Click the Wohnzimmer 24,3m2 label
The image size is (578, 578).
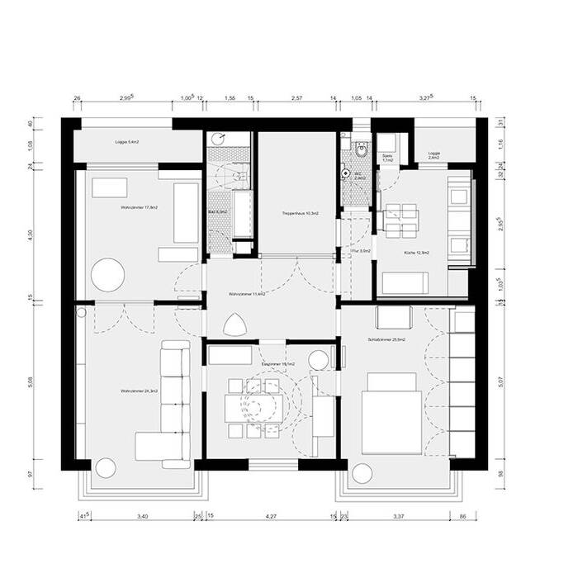click(x=139, y=391)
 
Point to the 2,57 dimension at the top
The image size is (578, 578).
click(x=298, y=98)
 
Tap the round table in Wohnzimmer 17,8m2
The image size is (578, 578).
click(x=107, y=274)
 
